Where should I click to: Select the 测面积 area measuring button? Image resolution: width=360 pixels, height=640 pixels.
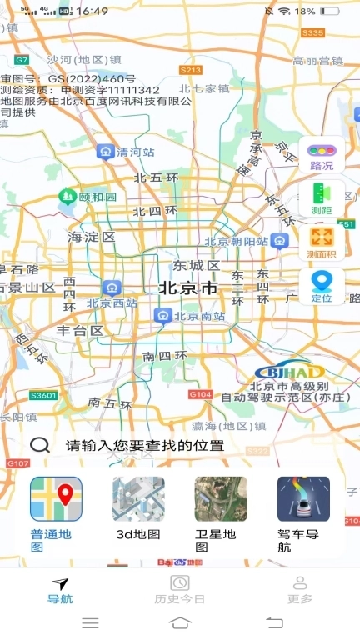(x=322, y=242)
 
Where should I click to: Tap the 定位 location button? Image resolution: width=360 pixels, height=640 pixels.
(x=322, y=286)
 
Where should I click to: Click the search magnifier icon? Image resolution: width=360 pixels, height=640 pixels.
(x=39, y=444)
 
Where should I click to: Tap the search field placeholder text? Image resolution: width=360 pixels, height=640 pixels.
(x=146, y=445)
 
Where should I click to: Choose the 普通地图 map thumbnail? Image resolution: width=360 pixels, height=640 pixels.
(x=56, y=499)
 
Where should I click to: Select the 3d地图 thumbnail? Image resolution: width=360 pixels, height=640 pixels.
(x=138, y=499)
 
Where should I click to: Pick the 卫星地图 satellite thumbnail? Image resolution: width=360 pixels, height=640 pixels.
(x=221, y=499)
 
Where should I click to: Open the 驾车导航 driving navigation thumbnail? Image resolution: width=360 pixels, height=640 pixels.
(x=303, y=499)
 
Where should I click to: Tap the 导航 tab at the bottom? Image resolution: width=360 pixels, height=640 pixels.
(x=60, y=590)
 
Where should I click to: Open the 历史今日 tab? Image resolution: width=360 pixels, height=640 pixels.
(x=179, y=590)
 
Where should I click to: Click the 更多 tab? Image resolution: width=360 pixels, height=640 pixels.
(x=300, y=590)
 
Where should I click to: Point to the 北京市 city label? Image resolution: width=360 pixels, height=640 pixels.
(x=188, y=288)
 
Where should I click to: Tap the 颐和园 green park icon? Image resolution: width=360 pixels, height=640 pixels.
(x=67, y=196)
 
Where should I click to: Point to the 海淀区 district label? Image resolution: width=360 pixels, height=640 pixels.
(x=91, y=237)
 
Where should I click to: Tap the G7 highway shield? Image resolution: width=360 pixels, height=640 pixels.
(x=22, y=60)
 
